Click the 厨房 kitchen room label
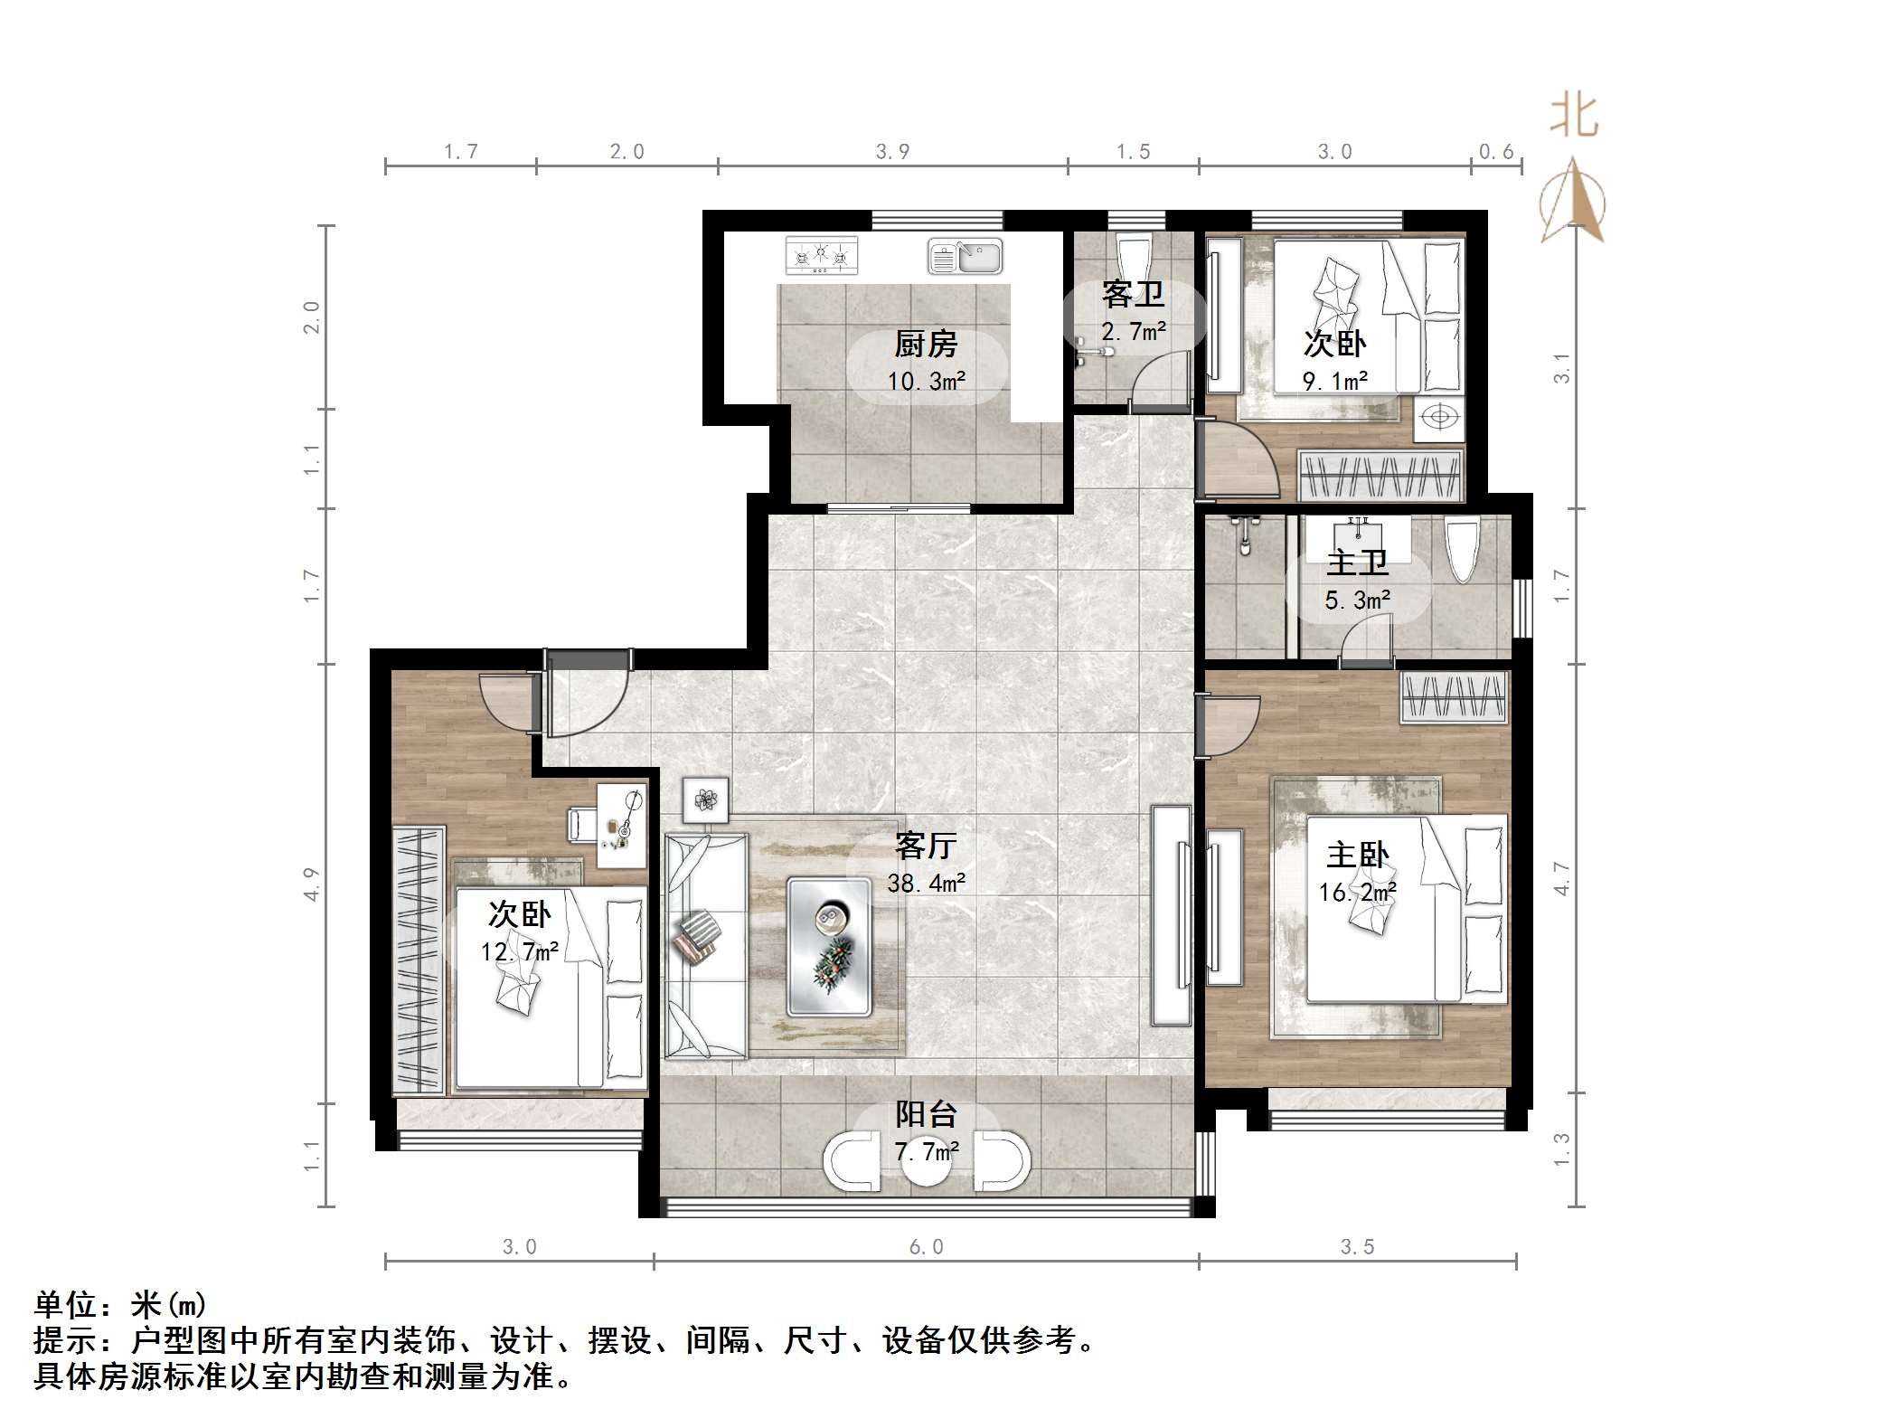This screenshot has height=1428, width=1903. (x=925, y=344)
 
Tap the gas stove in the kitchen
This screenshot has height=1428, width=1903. (x=821, y=255)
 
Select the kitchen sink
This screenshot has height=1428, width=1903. (x=965, y=257)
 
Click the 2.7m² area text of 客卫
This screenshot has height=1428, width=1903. (x=1133, y=332)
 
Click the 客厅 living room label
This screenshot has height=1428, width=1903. (x=925, y=846)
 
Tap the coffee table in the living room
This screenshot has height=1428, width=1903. (x=830, y=946)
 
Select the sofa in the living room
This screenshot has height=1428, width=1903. (x=705, y=946)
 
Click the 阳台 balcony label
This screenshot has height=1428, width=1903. (x=925, y=1114)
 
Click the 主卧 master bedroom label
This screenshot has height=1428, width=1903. (x=1357, y=855)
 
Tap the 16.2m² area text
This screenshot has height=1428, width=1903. (x=1357, y=893)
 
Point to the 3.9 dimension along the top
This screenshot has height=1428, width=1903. (x=892, y=152)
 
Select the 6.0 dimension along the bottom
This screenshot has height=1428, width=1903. (x=926, y=1247)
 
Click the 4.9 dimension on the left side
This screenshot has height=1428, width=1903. (x=311, y=884)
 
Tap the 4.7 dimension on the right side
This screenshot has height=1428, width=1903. (x=1561, y=878)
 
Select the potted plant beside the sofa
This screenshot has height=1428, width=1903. (x=705, y=800)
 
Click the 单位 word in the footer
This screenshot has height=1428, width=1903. (x=65, y=1305)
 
